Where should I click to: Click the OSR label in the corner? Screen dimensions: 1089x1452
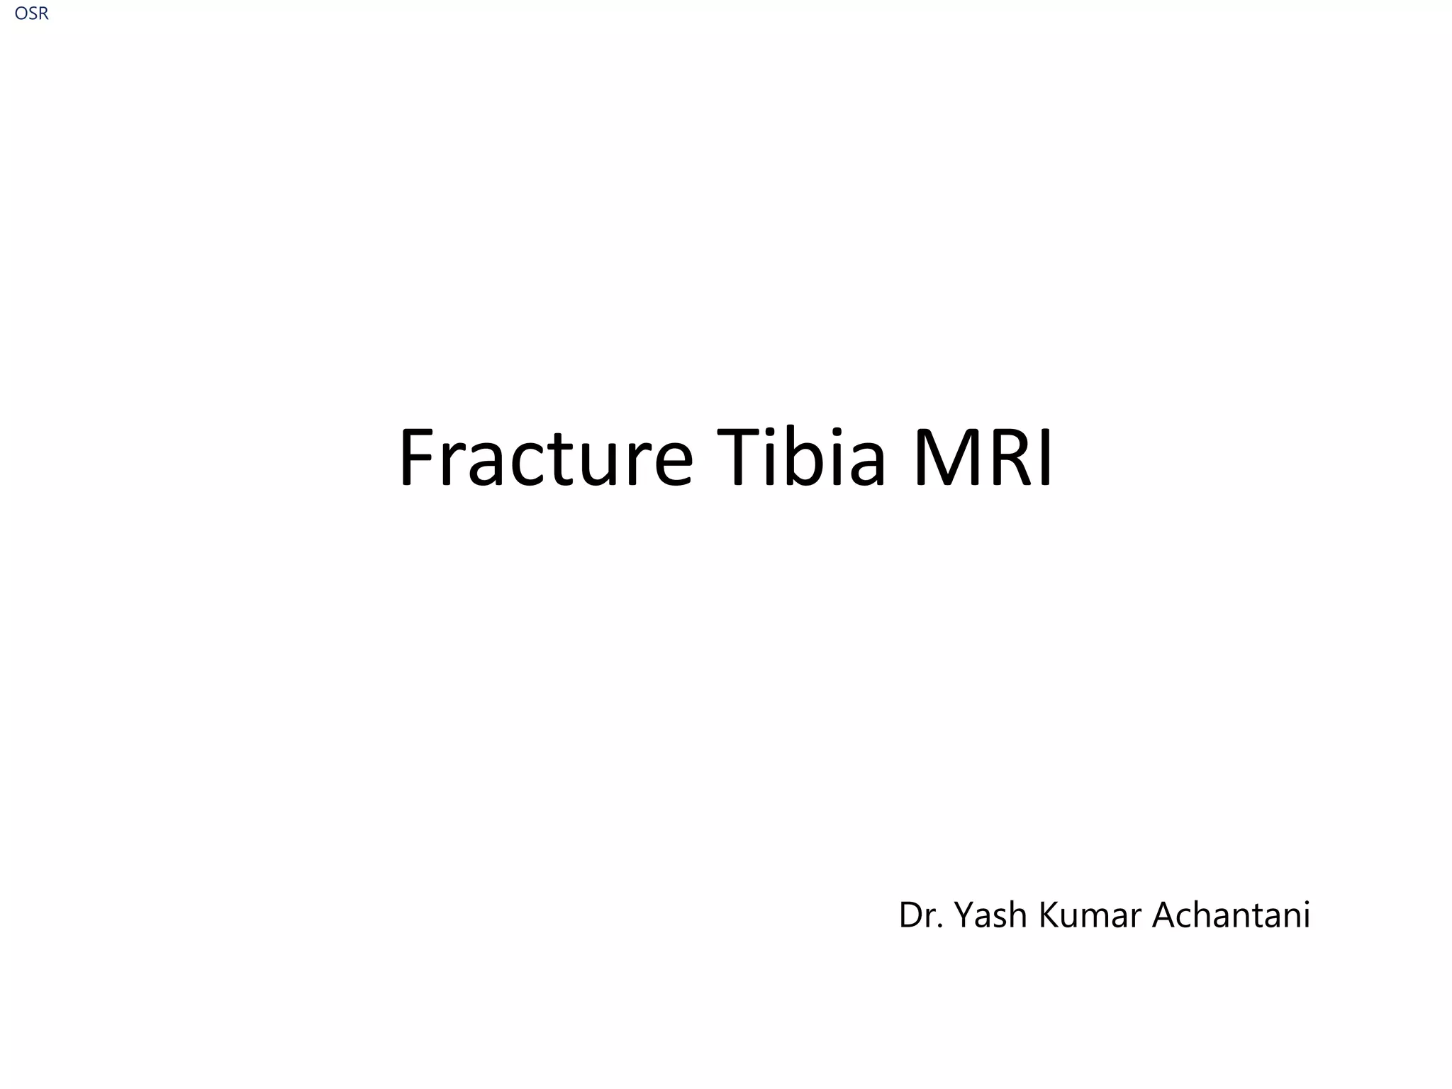pyautogui.click(x=31, y=13)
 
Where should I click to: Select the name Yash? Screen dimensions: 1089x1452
pyautogui.click(x=992, y=915)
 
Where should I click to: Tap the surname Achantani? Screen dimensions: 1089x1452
pyautogui.click(x=1231, y=915)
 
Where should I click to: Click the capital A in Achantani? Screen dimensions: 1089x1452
pyautogui.click(x=1163, y=915)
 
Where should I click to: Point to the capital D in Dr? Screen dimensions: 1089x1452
pyautogui.click(x=910, y=915)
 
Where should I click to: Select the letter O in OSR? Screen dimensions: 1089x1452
pyautogui.click(x=21, y=13)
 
